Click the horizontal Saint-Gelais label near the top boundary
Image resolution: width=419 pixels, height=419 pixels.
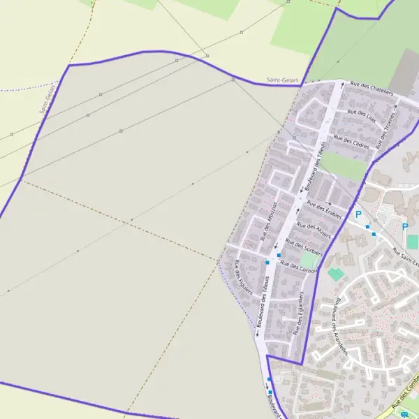(x=282, y=80)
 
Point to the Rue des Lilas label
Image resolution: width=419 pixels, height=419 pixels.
(x=361, y=116)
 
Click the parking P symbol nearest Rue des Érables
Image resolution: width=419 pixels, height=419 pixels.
(x=358, y=214)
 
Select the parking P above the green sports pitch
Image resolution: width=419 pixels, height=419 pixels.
(x=404, y=226)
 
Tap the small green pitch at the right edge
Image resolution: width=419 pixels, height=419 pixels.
(x=413, y=241)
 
